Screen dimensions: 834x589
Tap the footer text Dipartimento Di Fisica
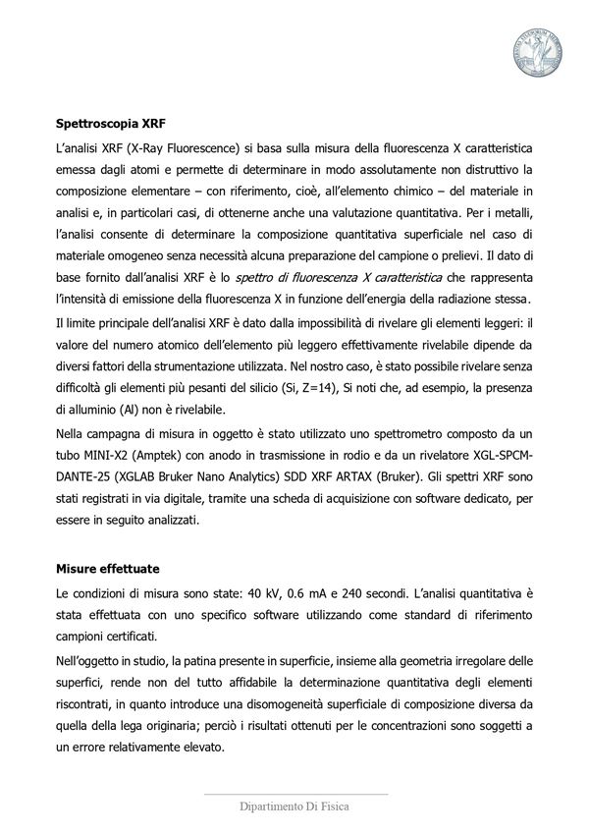coord(294,806)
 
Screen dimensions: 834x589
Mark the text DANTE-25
coord(81,478)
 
